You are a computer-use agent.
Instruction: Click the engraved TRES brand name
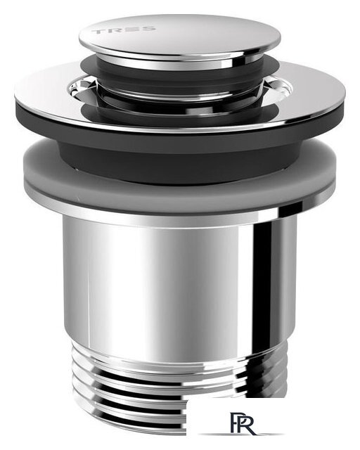[124, 30]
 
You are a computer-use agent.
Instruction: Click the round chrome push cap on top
[180, 37]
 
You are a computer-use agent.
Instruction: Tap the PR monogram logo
[243, 423]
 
